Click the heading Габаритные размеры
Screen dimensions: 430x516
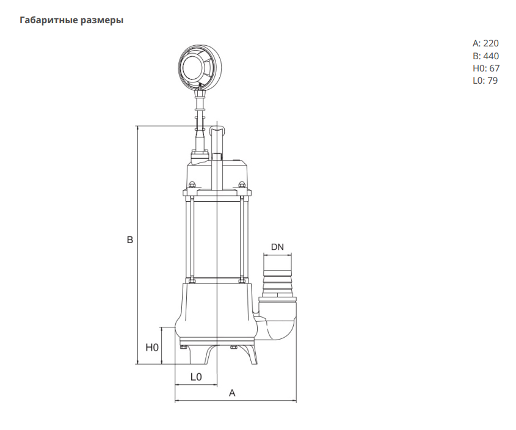[71, 21]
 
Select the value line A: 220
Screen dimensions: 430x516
[485, 43]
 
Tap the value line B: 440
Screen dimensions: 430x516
[485, 56]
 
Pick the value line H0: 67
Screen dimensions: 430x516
[485, 68]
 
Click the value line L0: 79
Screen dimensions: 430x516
[485, 80]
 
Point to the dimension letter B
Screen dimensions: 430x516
[129, 241]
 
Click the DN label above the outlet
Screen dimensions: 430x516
[277, 247]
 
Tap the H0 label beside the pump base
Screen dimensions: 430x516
[152, 347]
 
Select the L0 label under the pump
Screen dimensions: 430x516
[195, 377]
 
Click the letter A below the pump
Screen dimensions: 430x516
[232, 393]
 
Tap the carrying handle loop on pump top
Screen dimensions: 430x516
[216, 131]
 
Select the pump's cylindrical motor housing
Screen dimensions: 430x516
[217, 238]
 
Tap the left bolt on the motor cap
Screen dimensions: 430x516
[191, 186]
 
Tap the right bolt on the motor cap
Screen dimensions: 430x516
[242, 186]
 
